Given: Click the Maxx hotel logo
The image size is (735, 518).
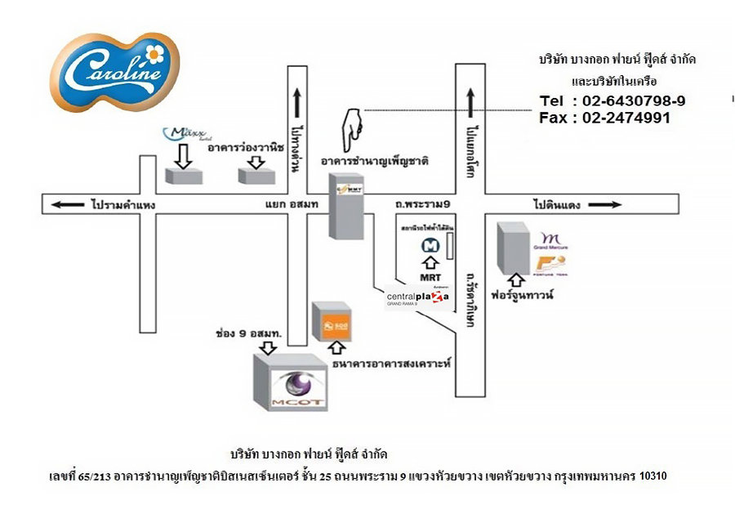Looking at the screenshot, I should [x=182, y=133].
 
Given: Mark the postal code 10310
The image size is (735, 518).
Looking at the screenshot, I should [x=654, y=475].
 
